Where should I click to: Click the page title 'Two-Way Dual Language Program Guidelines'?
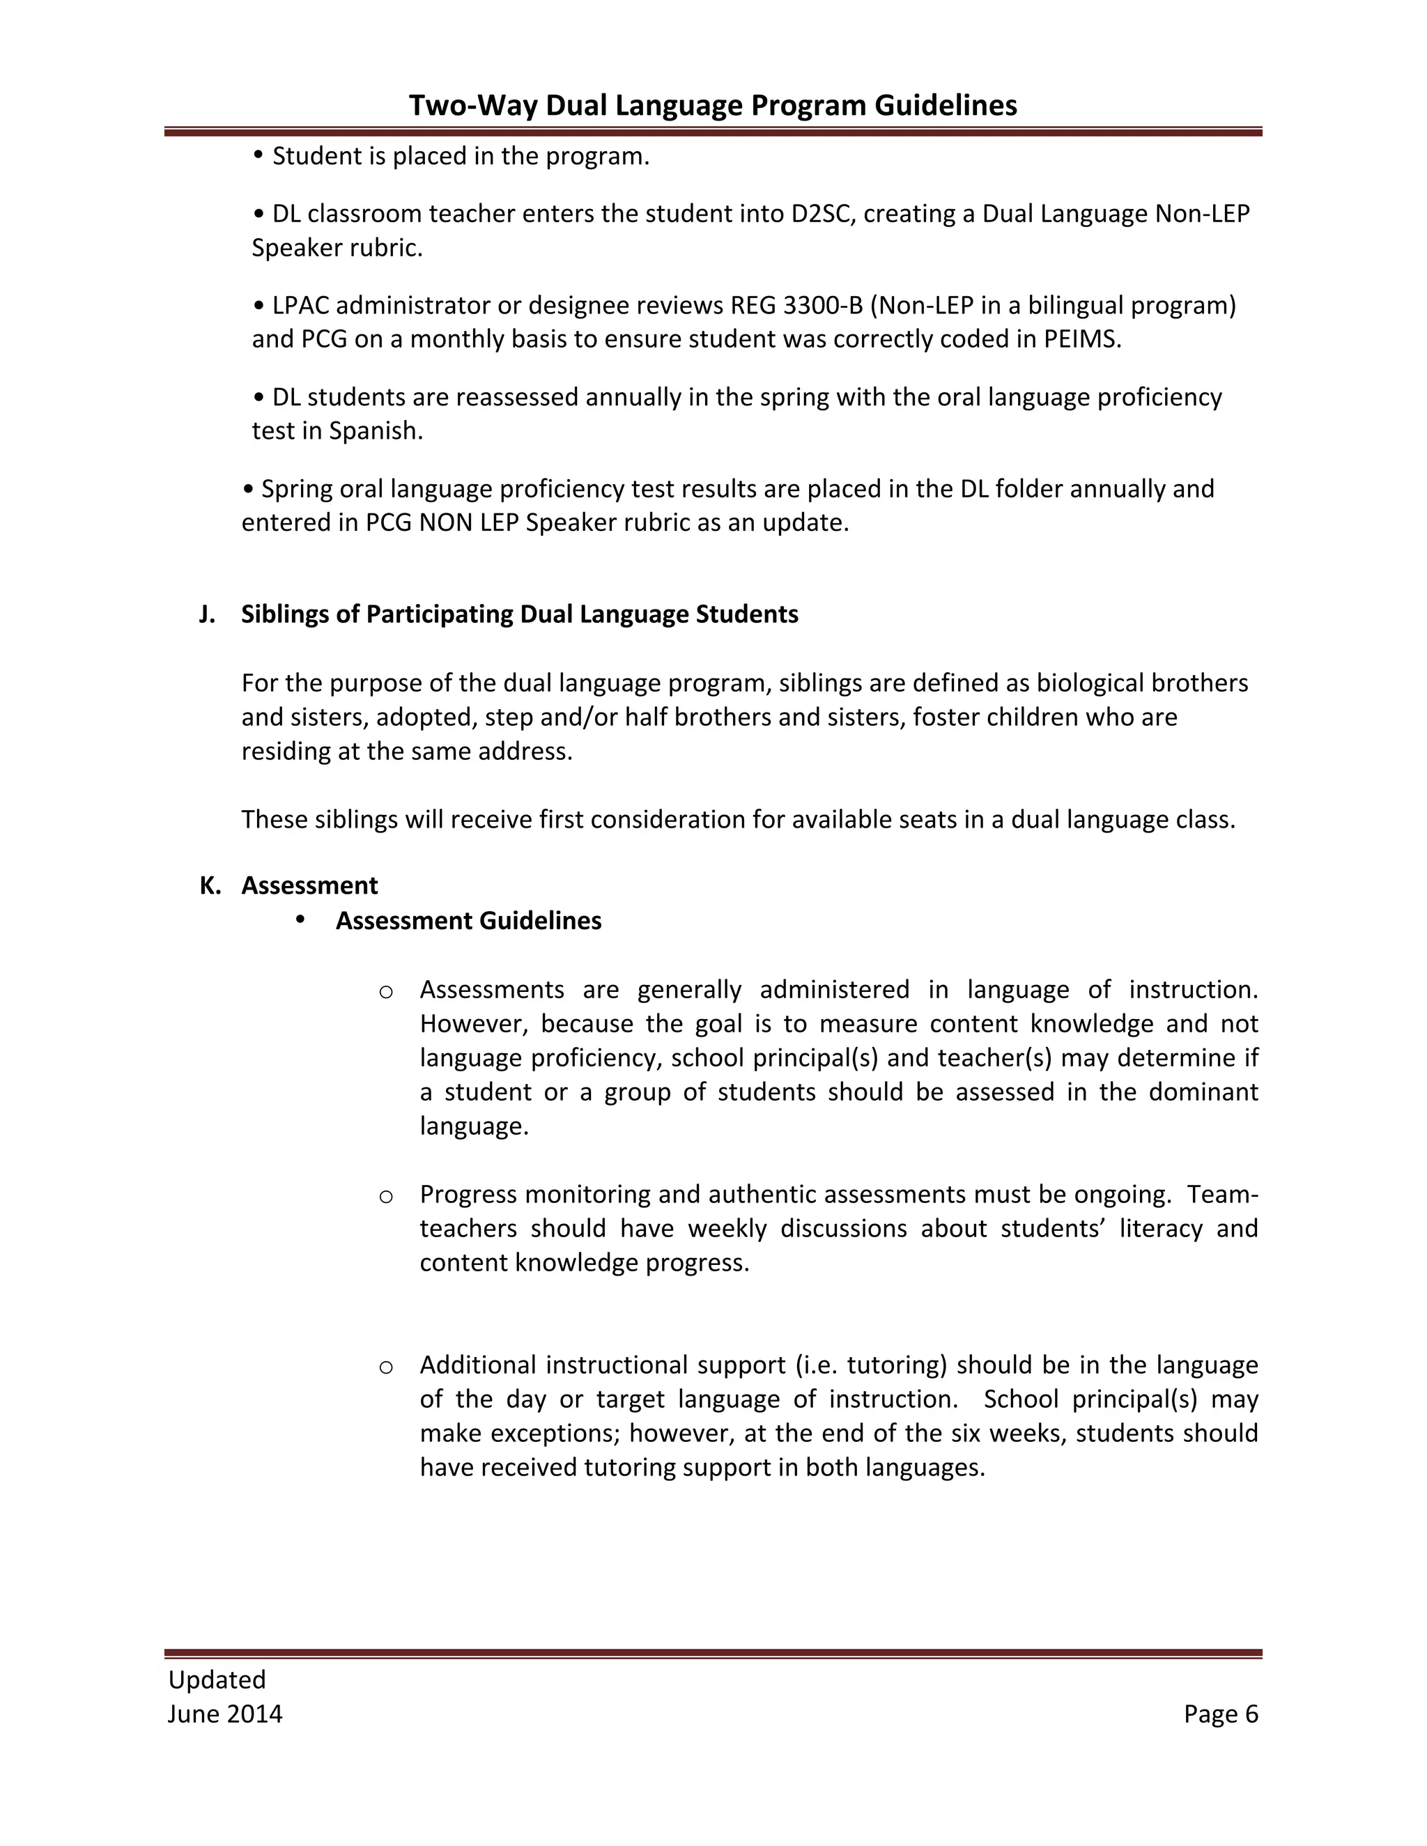pyautogui.click(x=713, y=104)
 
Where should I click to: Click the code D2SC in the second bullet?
pyautogui.click(x=824, y=214)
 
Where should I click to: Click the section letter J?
pyautogui.click(x=205, y=614)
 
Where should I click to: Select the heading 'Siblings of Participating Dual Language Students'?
pyautogui.click(x=519, y=614)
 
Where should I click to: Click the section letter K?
pyautogui.click(x=209, y=886)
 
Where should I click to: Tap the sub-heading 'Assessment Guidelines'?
pyautogui.click(x=468, y=920)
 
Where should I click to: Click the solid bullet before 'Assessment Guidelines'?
pyautogui.click(x=300, y=920)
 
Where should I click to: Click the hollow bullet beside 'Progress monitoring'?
pyautogui.click(x=385, y=1196)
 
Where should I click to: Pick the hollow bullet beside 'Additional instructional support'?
pyautogui.click(x=385, y=1367)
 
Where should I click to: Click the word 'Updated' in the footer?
pyautogui.click(x=217, y=1680)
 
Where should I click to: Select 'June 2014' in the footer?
pyautogui.click(x=225, y=1714)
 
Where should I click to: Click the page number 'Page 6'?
pyautogui.click(x=1221, y=1714)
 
